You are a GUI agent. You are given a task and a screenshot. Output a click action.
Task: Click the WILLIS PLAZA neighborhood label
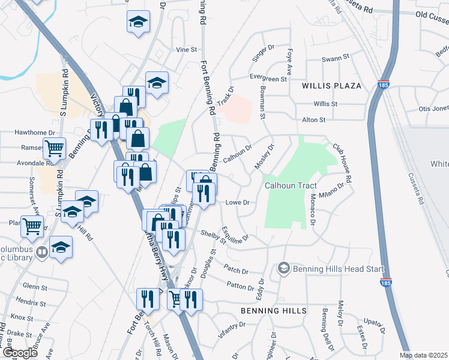(332, 86)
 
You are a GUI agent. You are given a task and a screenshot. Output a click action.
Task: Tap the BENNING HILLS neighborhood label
(274, 311)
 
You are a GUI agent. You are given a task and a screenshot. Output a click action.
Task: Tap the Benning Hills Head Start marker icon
(285, 268)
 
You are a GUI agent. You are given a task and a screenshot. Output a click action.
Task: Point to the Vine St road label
(186, 49)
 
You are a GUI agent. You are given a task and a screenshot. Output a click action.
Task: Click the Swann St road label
(336, 58)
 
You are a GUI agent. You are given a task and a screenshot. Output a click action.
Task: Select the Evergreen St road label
(269, 79)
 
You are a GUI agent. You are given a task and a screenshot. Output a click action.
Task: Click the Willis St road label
(325, 104)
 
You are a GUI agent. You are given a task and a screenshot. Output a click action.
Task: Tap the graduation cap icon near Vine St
(138, 23)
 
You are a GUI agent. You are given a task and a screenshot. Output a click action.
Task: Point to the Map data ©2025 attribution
(423, 355)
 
